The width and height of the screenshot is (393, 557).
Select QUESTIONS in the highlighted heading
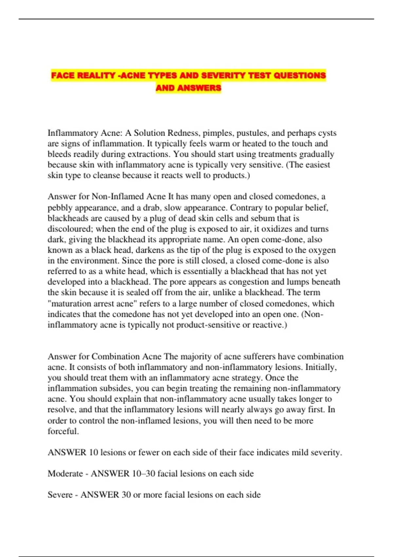pos(300,76)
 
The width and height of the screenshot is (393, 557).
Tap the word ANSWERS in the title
pos(199,88)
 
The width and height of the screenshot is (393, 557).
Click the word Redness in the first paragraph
pos(184,133)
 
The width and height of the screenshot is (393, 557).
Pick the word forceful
pos(63,431)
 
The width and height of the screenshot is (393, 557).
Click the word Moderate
pos(65,473)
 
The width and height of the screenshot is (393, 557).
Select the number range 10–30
pos(143,473)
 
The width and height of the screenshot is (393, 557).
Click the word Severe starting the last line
pos(60,495)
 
